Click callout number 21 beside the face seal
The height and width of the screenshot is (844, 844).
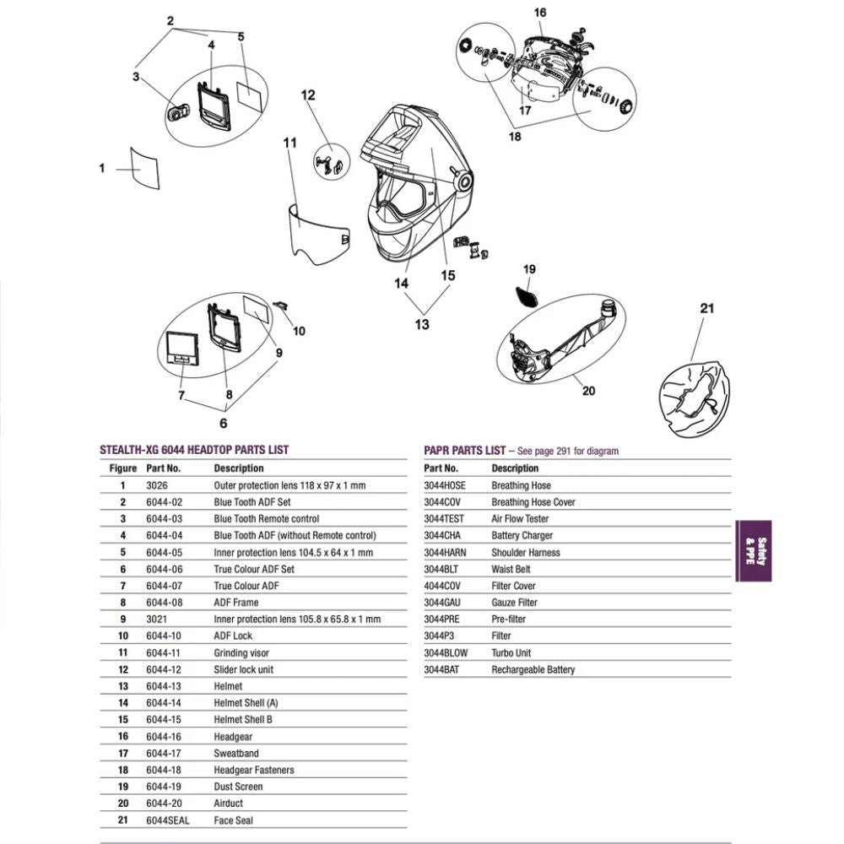pos(706,308)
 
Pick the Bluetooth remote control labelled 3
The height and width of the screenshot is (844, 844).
pos(177,111)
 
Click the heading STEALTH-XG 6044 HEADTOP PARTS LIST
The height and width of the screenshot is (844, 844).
pos(196,451)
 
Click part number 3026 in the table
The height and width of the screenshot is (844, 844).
pos(157,485)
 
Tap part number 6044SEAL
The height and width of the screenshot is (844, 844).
pos(164,820)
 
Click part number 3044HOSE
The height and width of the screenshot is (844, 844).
pos(444,485)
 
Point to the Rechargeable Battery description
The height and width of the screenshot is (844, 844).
pos(533,669)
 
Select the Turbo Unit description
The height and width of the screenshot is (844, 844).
pos(511,652)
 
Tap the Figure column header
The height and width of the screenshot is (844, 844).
pos(122,468)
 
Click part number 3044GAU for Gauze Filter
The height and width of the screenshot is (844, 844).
pos(444,603)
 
